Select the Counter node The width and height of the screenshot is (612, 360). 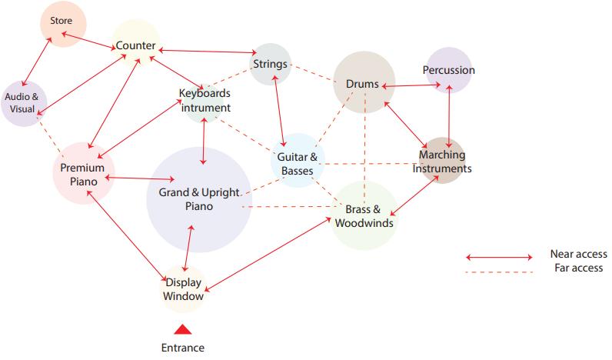click(x=136, y=45)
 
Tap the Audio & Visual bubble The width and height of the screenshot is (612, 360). click(x=24, y=103)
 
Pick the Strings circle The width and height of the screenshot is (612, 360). click(x=271, y=64)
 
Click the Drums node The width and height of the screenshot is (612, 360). click(x=363, y=84)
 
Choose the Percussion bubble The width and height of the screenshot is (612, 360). click(x=448, y=70)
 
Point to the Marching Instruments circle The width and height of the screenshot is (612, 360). click(x=442, y=162)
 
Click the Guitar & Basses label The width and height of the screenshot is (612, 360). click(x=297, y=163)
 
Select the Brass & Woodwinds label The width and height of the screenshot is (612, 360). click(x=364, y=216)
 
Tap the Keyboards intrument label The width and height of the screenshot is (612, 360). click(x=205, y=101)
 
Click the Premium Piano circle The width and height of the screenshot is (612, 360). click(x=83, y=174)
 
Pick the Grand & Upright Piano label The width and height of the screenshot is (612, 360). click(x=199, y=199)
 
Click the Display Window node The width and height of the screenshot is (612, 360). click(x=184, y=289)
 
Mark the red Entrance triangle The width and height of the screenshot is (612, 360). click(x=182, y=329)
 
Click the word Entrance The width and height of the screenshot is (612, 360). click(x=183, y=348)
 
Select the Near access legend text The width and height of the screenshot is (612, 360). click(x=578, y=254)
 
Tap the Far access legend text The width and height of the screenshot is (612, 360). click(x=578, y=268)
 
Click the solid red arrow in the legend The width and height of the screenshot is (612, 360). click(x=499, y=257)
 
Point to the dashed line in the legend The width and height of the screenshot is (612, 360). click(x=499, y=272)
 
